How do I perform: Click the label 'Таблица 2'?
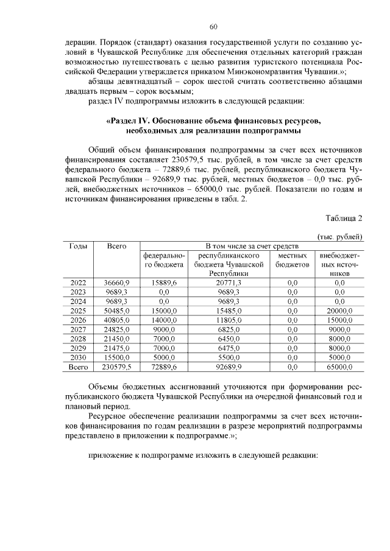tap(344, 218)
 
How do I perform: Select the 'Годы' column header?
tap(79, 246)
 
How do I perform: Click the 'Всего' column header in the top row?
tap(116, 246)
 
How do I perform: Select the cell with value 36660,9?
tap(116, 283)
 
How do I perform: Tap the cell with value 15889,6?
tap(163, 283)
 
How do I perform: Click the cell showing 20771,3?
tap(229, 283)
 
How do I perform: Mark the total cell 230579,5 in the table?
tap(116, 367)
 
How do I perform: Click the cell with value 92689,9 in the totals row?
tap(229, 367)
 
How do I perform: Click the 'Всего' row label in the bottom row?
tap(79, 367)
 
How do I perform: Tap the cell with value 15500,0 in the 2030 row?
tap(116, 357)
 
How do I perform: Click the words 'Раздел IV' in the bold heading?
tap(127, 121)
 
